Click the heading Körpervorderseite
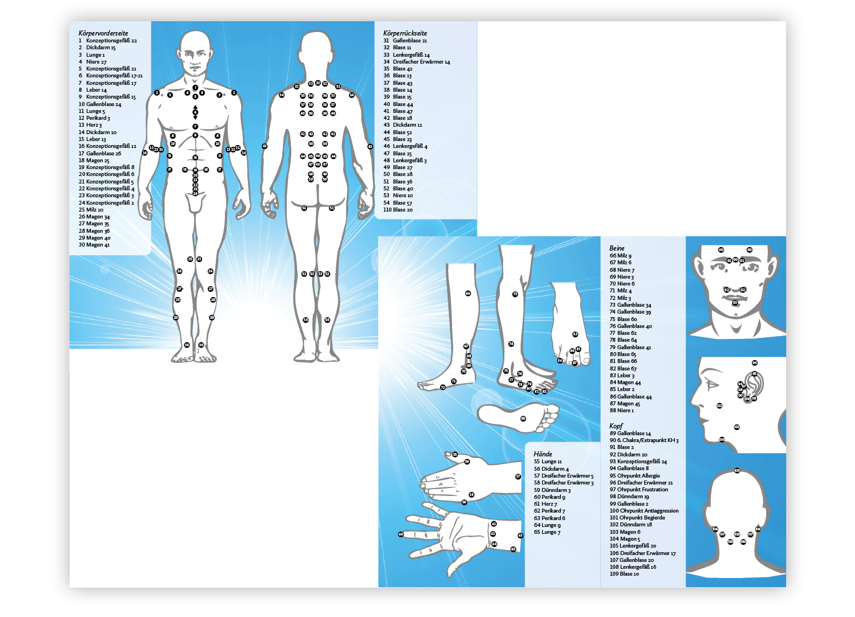click(x=103, y=33)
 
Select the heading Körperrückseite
click(x=405, y=33)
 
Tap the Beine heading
click(x=617, y=248)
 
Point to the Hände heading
click(x=543, y=454)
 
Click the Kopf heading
click(x=616, y=426)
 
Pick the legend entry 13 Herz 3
click(x=90, y=125)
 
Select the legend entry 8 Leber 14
click(x=93, y=90)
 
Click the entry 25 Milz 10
click(x=91, y=210)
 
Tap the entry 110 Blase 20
click(x=398, y=210)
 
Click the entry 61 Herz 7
click(x=545, y=504)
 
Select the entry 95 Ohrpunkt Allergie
click(x=635, y=476)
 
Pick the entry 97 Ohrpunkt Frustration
click(x=639, y=490)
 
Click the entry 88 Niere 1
click(x=621, y=411)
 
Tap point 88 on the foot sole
click(x=523, y=419)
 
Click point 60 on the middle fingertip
click(x=401, y=534)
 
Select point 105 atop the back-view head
click(x=737, y=471)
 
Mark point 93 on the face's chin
click(x=735, y=302)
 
